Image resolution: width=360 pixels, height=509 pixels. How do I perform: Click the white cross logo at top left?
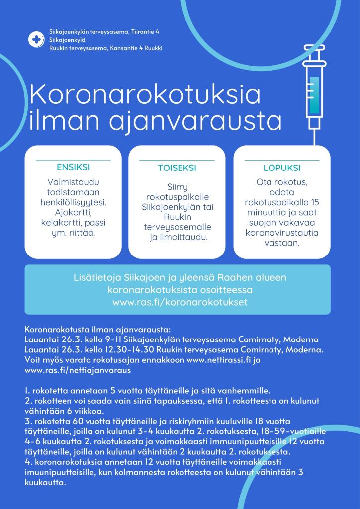point(36,40)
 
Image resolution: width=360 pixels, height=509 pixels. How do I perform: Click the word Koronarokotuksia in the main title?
point(145,94)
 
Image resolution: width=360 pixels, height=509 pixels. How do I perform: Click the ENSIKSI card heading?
point(73,167)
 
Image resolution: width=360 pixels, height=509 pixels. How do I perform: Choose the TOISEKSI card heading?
point(177,168)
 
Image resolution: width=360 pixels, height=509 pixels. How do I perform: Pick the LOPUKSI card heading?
point(281,168)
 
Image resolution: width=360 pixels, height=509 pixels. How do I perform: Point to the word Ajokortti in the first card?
point(73,212)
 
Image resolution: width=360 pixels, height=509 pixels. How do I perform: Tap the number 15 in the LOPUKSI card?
point(314,202)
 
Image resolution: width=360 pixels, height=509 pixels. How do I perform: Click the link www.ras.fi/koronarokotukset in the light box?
point(180,302)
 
